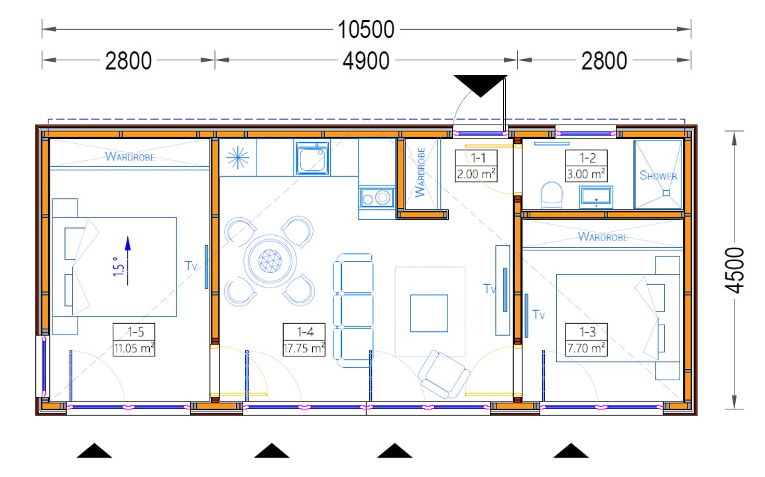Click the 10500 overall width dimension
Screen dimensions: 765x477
pyautogui.click(x=366, y=29)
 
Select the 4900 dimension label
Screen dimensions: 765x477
pyautogui.click(x=366, y=61)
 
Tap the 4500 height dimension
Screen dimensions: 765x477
pyautogui.click(x=735, y=270)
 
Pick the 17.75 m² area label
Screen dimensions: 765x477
pyautogui.click(x=304, y=348)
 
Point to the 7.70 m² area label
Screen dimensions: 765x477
pyautogui.click(x=586, y=348)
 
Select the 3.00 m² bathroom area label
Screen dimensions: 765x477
pyautogui.click(x=586, y=174)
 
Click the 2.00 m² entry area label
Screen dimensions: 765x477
pyautogui.click(x=476, y=174)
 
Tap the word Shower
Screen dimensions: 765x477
pyautogui.click(x=658, y=176)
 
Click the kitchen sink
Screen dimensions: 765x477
pyautogui.click(x=312, y=158)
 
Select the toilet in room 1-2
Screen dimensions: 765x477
pyautogui.click(x=552, y=195)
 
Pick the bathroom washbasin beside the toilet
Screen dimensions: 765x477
pyautogui.click(x=596, y=197)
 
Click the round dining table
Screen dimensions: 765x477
pyautogui.click(x=270, y=260)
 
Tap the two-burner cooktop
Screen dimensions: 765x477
pyautogui.click(x=377, y=198)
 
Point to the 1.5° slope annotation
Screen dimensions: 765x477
pyautogui.click(x=118, y=267)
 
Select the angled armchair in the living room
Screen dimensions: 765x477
pyautogui.click(x=444, y=374)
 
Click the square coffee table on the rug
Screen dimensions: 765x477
pyautogui.click(x=429, y=313)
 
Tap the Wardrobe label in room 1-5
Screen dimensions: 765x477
pyautogui.click(x=130, y=156)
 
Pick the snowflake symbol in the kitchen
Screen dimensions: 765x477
pyautogui.click(x=238, y=158)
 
